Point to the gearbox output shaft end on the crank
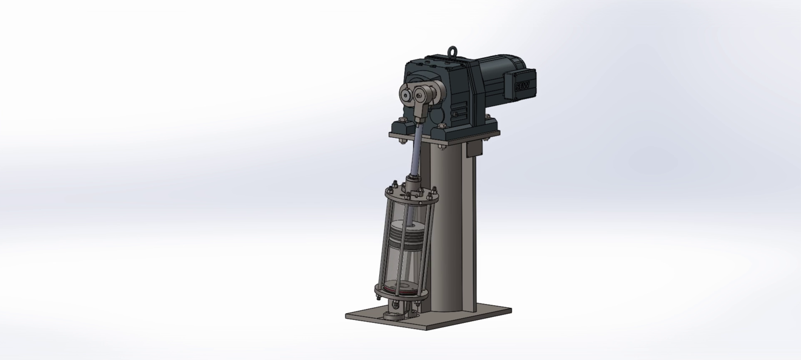407,95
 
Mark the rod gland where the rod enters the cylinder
413,182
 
